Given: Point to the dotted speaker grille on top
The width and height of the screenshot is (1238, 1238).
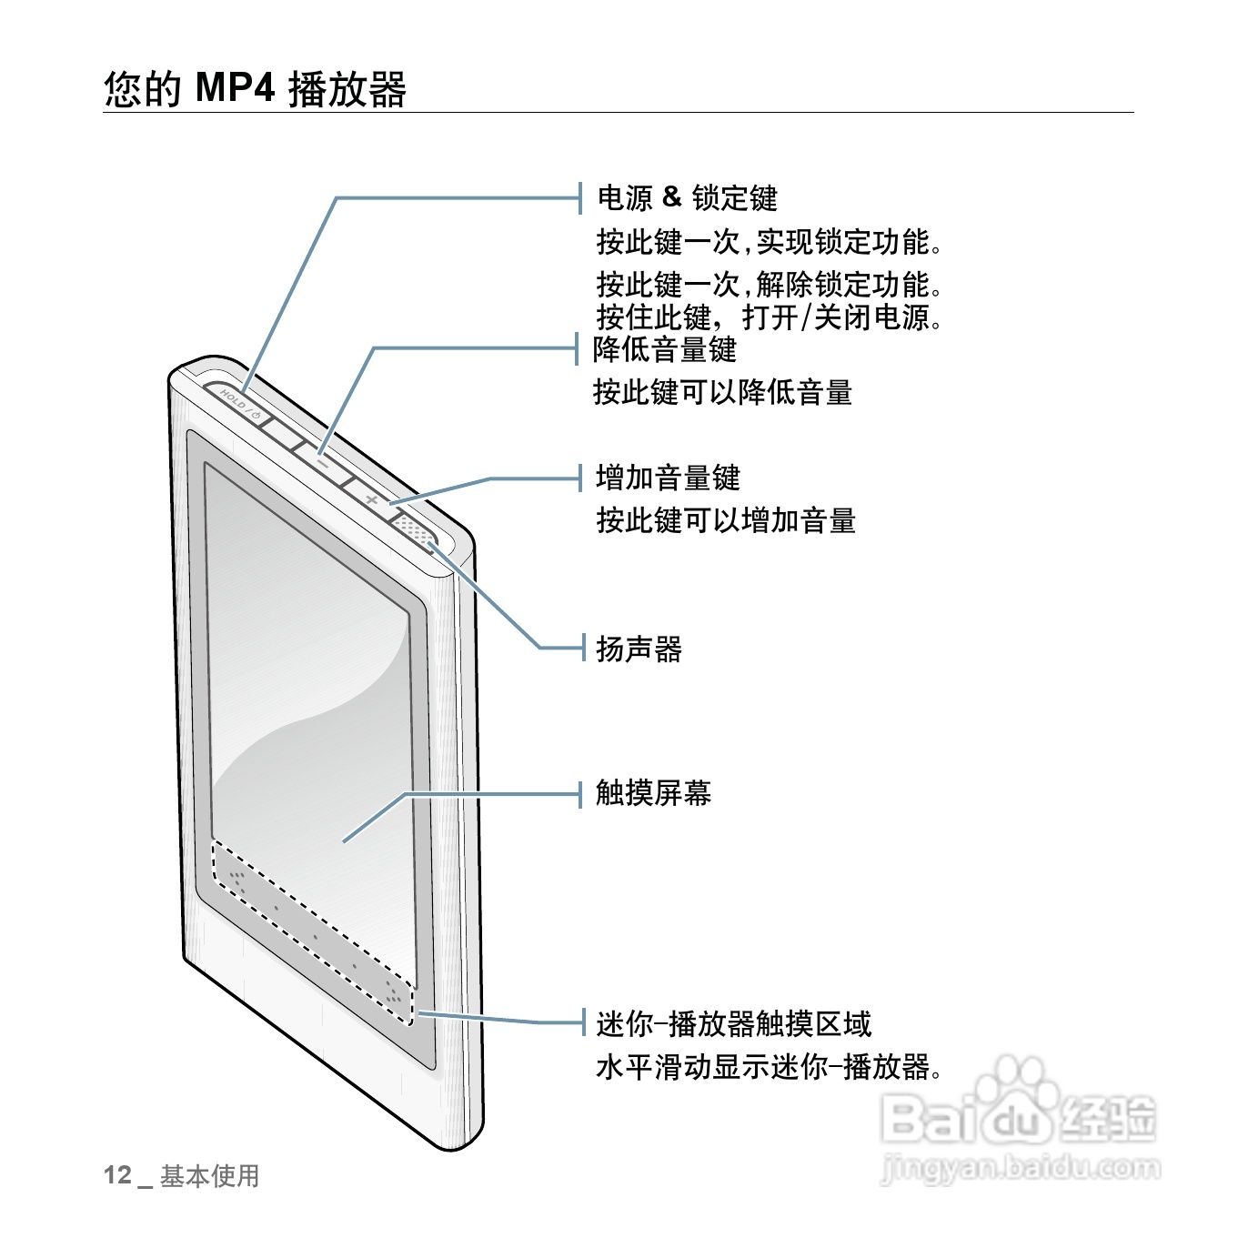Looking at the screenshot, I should click(x=414, y=530).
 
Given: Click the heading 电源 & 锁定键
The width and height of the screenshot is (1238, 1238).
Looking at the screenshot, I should click(x=687, y=197).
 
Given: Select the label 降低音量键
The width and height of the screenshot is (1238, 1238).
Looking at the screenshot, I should click(x=664, y=349).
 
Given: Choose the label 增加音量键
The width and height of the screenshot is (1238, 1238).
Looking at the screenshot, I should click(x=668, y=478).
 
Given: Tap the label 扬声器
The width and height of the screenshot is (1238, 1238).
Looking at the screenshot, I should click(x=639, y=649).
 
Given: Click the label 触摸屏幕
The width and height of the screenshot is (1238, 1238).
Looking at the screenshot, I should click(x=653, y=793).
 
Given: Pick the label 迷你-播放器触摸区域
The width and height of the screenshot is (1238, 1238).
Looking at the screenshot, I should click(x=733, y=1024).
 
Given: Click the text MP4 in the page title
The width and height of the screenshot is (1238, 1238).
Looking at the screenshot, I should click(x=235, y=88).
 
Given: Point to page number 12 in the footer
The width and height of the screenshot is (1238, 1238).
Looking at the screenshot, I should click(x=117, y=1175).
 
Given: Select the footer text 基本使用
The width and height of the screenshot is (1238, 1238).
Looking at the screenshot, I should click(x=209, y=1176).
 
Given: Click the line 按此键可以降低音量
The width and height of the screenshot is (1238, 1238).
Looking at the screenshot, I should click(x=722, y=393).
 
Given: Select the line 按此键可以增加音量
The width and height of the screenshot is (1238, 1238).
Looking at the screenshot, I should click(x=726, y=521).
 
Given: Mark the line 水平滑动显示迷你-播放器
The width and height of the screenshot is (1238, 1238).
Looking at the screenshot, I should click(x=769, y=1067).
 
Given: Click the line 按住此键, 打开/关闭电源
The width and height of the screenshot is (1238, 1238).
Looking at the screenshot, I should click(x=769, y=317).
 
